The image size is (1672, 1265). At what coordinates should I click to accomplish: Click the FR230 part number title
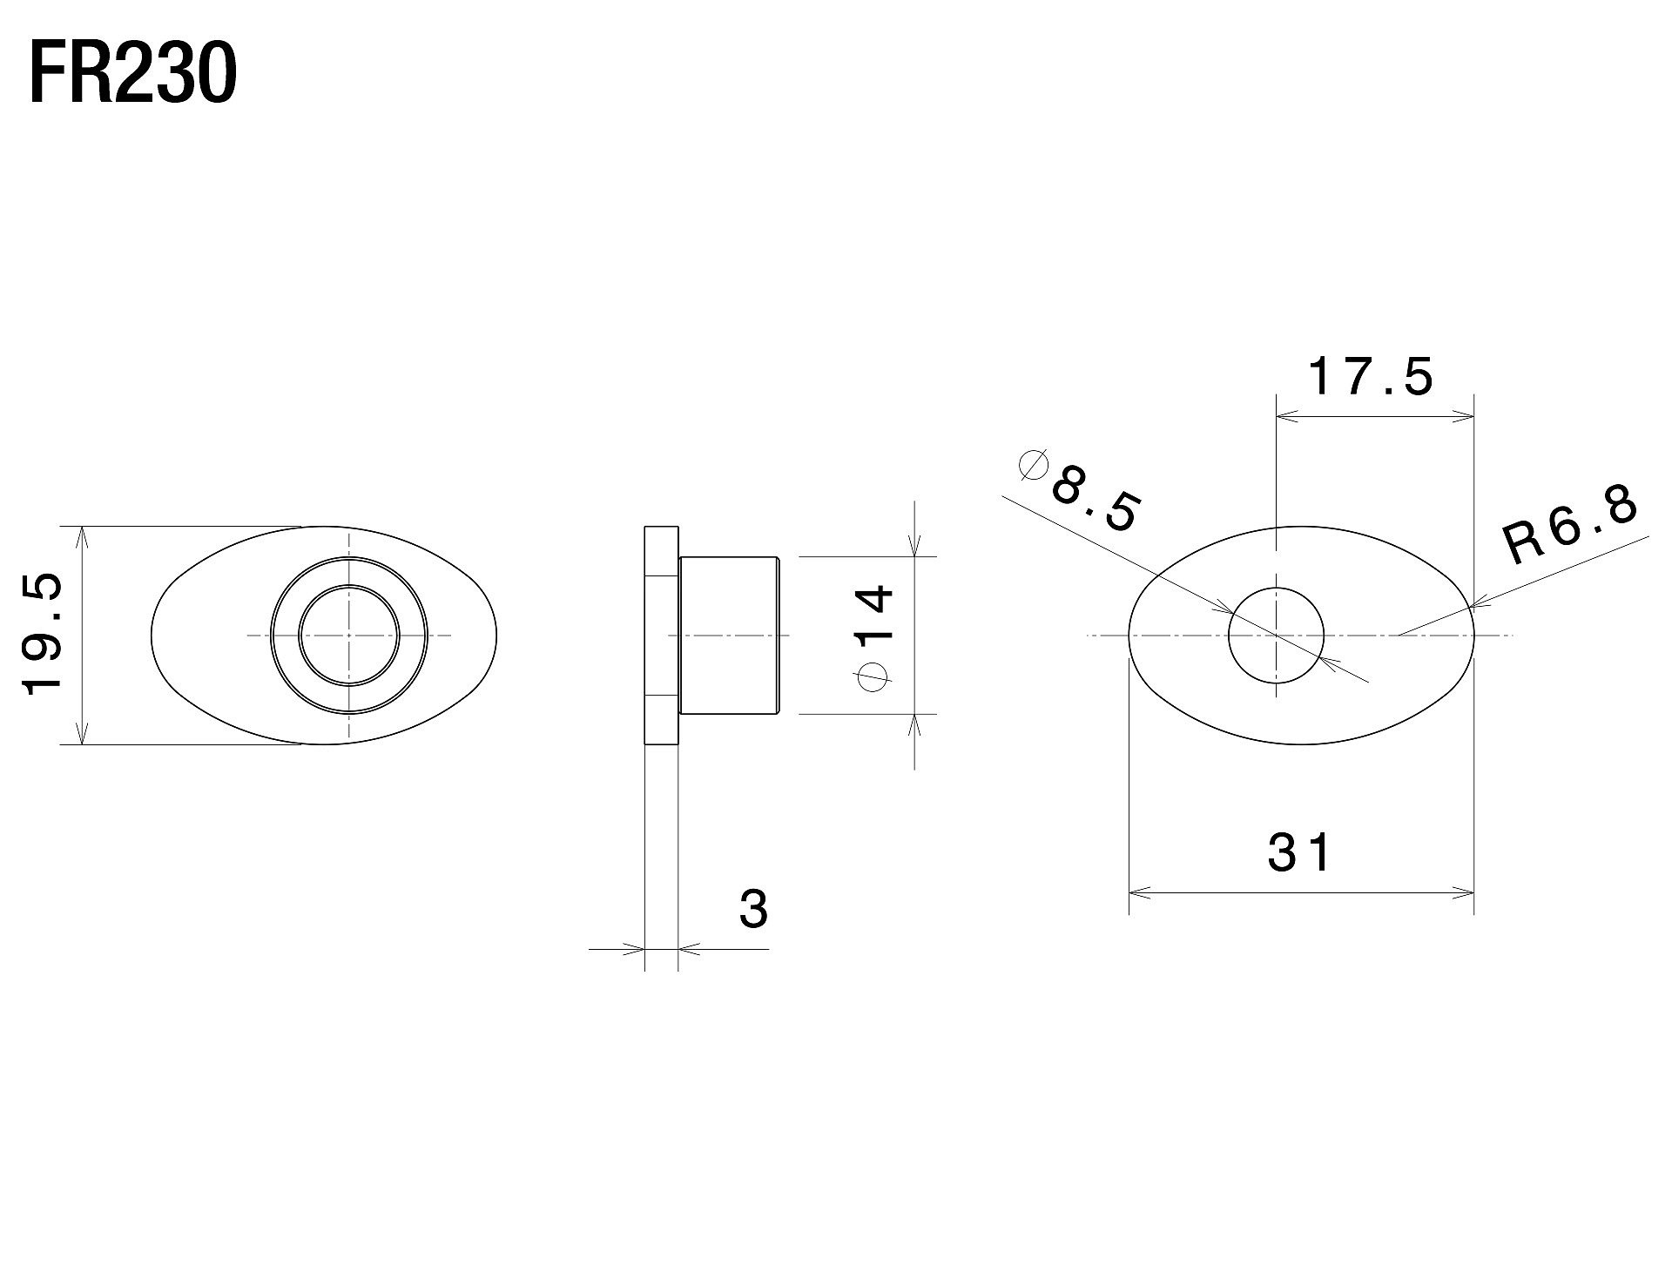pos(132,75)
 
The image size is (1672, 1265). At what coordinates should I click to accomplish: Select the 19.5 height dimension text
pos(43,635)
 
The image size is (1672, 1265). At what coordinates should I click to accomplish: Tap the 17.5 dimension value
pos(1370,377)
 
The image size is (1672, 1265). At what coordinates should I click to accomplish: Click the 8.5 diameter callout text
pos(1094,500)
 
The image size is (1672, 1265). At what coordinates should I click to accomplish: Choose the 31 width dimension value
pos(1299,852)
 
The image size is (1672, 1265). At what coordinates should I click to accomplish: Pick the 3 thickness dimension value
pos(753,909)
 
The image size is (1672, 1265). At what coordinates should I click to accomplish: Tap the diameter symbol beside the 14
pos(873,677)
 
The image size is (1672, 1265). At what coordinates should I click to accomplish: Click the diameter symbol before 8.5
pos(1033,465)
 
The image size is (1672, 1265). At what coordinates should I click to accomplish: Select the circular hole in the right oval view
pos(1276,636)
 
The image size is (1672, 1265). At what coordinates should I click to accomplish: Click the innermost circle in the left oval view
pos(349,636)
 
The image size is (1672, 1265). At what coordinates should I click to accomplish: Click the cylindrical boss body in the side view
pos(730,636)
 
